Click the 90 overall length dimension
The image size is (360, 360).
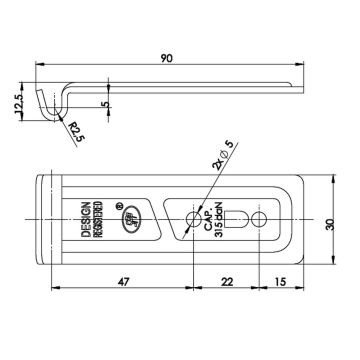(167, 58)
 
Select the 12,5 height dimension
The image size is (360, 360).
(19, 103)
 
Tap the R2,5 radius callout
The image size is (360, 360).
(74, 132)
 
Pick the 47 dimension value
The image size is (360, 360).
(123, 282)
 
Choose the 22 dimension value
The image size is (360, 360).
(227, 282)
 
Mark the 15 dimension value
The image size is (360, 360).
(281, 282)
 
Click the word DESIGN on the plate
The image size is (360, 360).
(86, 219)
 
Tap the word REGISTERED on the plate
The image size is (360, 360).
(99, 219)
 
